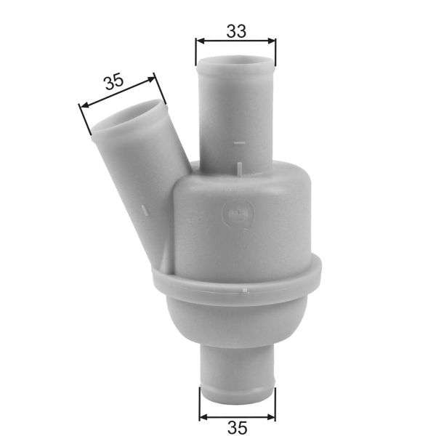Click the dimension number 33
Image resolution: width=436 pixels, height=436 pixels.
pos(236,31)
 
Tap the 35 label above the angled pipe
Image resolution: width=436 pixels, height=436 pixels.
pos(113,81)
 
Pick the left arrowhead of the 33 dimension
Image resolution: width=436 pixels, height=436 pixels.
pos(198,41)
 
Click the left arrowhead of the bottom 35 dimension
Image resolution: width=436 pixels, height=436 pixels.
pos(203,418)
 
